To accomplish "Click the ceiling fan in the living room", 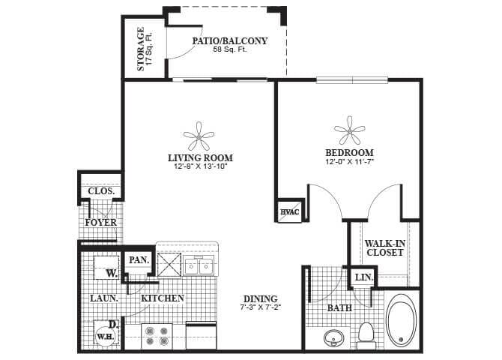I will coord(199,138).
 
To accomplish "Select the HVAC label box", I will coord(289,211).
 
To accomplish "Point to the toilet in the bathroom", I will coord(366,333).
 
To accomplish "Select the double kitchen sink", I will coord(199,265).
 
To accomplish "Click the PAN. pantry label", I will coord(138,259).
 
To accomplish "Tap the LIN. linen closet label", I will coord(363,277).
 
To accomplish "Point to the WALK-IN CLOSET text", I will coord(384,247).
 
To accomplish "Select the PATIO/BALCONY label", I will coord(229,40).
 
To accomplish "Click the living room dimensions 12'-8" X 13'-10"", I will coord(199,166).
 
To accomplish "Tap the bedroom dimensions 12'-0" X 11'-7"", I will coord(349,160).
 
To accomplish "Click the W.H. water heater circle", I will coord(103,335).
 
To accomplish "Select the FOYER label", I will coord(100,223).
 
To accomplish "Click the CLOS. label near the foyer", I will coord(101,191).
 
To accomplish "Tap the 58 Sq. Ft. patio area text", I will coord(229,50).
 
